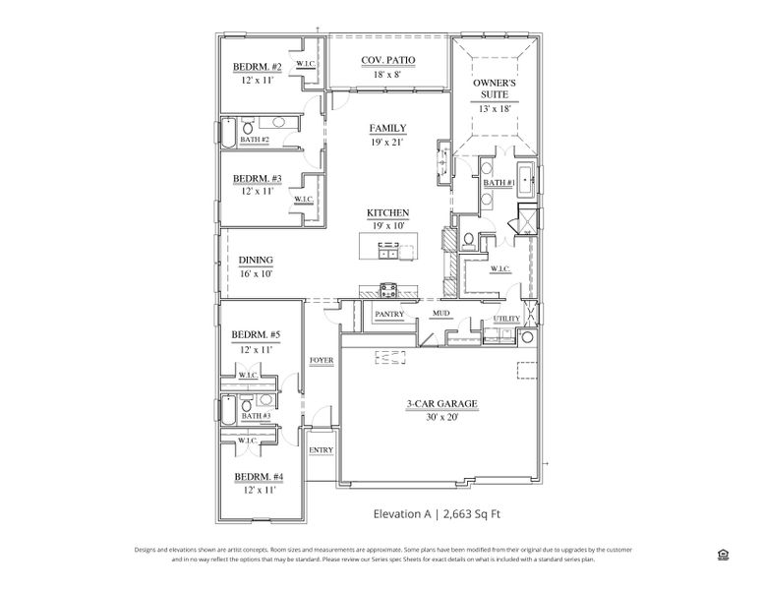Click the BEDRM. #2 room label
click(258, 68)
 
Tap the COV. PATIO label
click(387, 61)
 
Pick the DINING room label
click(256, 262)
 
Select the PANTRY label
click(390, 315)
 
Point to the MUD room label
click(441, 315)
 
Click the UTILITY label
click(506, 319)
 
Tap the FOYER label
click(322, 361)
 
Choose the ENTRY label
click(321, 450)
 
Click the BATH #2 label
click(255, 140)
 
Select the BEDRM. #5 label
click(258, 335)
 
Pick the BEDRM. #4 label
click(259, 477)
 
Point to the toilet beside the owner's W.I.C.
click(470, 240)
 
